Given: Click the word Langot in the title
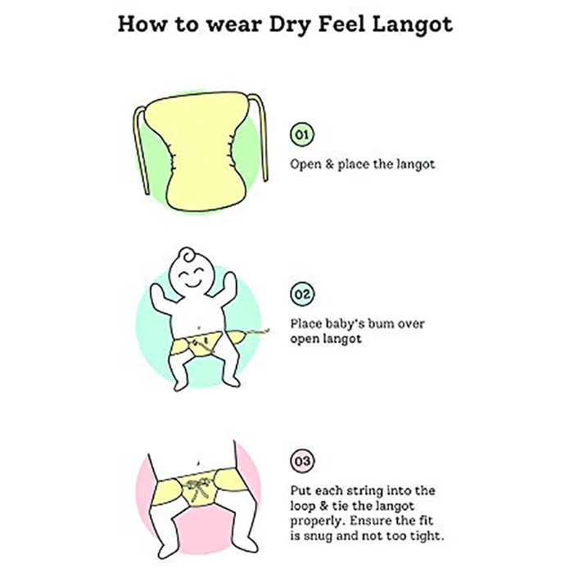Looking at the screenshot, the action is coord(412,25).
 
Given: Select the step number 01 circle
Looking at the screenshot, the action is coord(302,134).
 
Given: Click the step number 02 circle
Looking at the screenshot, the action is coord(302,294).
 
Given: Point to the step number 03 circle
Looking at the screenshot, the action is coord(302,461).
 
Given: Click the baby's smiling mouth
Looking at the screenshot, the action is coord(192,283).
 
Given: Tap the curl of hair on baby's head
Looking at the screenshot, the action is coord(188,255).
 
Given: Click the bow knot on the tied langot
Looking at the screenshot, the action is coord(197,486).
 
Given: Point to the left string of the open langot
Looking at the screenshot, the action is coord(140,150).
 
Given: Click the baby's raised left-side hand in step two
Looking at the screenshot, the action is coord(158,293).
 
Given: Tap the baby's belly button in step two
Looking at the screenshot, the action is coord(198,327).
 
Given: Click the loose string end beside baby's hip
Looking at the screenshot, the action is coord(257,332).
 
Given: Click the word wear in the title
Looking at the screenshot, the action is coord(235,25).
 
